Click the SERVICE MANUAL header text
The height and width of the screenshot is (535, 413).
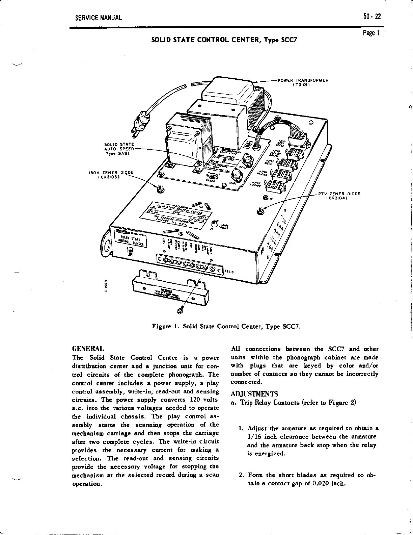(x=99, y=18)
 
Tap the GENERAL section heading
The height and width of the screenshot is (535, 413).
(x=88, y=349)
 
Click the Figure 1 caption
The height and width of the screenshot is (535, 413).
(x=226, y=327)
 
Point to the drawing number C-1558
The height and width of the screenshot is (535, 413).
(x=106, y=286)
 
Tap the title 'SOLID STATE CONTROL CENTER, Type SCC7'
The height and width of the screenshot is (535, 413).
(x=224, y=40)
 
